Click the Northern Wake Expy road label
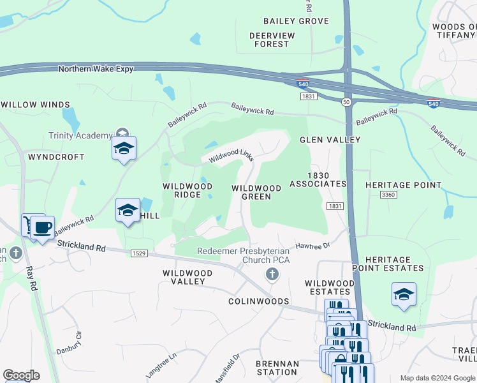[x=96, y=69]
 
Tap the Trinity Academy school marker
[x=124, y=149]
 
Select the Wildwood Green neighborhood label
[x=256, y=192]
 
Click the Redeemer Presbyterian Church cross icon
[x=272, y=274]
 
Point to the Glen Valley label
[x=330, y=140]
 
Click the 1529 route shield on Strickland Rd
[x=140, y=253]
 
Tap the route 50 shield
[x=346, y=101]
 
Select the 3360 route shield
[x=387, y=194]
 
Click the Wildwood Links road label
[x=228, y=155]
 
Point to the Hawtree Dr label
[x=312, y=246]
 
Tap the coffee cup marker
[x=42, y=228]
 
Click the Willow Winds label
[x=35, y=104]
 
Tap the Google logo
[x=21, y=375]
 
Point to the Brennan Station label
[x=277, y=368]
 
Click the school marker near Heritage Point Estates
[x=404, y=294]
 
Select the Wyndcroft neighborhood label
[x=56, y=156]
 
